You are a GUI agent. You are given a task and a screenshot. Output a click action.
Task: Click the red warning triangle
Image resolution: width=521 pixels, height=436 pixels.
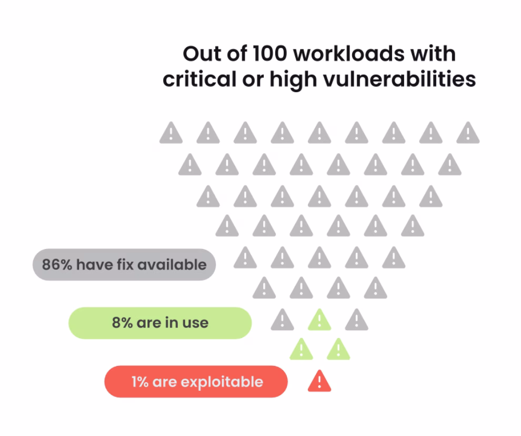319,381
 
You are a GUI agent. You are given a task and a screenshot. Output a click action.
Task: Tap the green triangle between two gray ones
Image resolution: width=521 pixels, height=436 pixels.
319,320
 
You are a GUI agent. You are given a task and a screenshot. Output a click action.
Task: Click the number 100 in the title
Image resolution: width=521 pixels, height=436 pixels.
270,54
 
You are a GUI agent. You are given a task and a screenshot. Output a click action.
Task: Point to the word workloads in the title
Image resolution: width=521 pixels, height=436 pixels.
349,54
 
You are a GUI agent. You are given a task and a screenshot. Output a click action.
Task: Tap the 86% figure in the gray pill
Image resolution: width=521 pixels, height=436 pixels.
57,265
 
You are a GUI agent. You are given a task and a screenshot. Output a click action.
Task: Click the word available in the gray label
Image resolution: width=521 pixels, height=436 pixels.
172,265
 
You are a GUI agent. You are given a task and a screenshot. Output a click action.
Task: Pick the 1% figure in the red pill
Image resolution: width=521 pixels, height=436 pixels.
140,382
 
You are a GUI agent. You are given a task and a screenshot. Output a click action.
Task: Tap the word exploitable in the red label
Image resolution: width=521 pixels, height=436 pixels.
222,382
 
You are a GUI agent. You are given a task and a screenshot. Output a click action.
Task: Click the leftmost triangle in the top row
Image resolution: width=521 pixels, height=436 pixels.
171,133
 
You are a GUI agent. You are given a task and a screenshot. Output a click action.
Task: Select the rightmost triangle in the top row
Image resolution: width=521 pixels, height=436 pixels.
468,133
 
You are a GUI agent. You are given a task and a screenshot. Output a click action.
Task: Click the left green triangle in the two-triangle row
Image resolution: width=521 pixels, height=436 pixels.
301,350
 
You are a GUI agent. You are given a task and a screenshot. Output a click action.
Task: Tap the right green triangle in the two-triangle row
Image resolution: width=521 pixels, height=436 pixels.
338,350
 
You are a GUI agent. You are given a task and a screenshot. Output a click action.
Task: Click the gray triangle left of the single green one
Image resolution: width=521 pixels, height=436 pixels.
282,320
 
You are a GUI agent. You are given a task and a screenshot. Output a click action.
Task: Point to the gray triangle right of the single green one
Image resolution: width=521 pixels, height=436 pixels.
356,320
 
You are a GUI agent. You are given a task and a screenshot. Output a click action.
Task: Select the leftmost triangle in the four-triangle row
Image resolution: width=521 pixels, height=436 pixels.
264,288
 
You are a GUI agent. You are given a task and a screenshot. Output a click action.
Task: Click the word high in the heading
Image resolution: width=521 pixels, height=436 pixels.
293,80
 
